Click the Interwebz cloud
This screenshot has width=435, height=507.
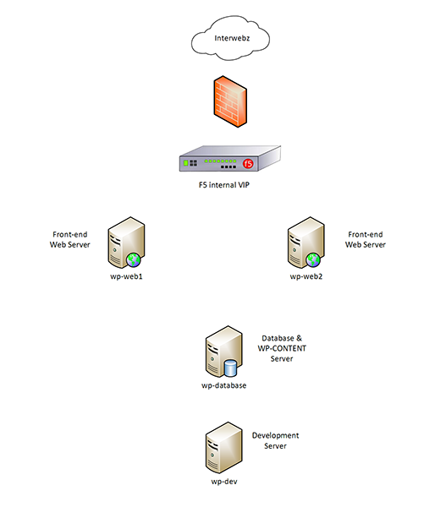(x=230, y=38)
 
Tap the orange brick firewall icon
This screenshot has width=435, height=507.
(x=230, y=101)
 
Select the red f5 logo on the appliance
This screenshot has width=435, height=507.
(x=248, y=163)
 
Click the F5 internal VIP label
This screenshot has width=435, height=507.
(x=224, y=185)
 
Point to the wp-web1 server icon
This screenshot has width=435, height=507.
(x=126, y=243)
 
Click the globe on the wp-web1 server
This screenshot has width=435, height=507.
(x=134, y=259)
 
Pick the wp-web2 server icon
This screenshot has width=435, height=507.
(x=306, y=243)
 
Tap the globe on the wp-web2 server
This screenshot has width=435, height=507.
(x=313, y=259)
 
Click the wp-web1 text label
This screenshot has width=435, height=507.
(x=126, y=277)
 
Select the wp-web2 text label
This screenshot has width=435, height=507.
(x=306, y=277)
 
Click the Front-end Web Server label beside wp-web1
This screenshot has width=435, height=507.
(x=70, y=240)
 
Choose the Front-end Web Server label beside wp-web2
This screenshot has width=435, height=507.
(x=366, y=240)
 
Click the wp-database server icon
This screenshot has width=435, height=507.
(x=223, y=352)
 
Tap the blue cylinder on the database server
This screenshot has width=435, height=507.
(x=231, y=368)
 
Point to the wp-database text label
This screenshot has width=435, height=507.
(x=223, y=386)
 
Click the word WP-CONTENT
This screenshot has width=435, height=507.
(x=282, y=348)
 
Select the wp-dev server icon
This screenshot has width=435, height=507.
(x=223, y=448)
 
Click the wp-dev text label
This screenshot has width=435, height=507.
(x=224, y=482)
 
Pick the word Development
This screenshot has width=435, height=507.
(x=275, y=436)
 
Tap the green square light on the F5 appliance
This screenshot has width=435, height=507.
(x=186, y=163)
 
